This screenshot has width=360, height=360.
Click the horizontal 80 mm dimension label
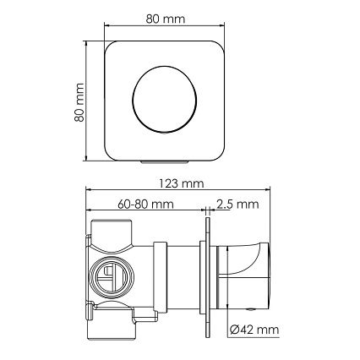[x=166, y=19]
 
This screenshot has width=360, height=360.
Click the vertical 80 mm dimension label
[x=79, y=102]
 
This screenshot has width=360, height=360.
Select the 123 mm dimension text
[x=181, y=183]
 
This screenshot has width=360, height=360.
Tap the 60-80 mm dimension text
[x=145, y=204]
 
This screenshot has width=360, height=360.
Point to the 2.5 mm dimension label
[x=237, y=204]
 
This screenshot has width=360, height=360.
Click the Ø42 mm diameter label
[x=254, y=329]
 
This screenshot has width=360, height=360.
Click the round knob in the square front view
[x=164, y=99]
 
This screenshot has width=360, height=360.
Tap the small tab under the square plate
[x=164, y=162]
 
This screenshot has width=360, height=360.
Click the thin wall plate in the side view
[x=208, y=277]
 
